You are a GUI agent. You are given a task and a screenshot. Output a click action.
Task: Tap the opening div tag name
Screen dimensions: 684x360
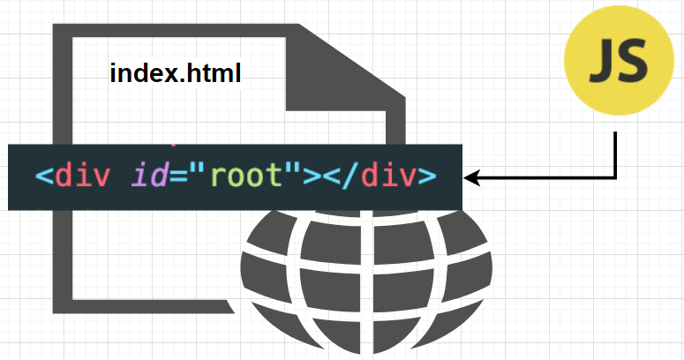click(82, 176)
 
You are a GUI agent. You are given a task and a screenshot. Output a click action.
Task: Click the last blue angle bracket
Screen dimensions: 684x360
click(426, 176)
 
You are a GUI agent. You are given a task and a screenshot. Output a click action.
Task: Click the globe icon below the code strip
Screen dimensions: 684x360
click(366, 282)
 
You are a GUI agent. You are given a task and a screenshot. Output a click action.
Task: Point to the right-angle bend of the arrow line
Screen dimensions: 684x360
click(615, 178)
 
